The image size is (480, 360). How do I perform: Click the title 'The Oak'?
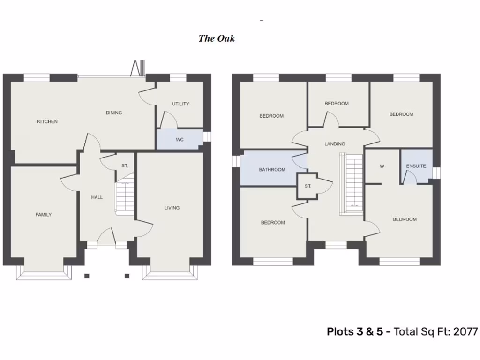[x=217, y=38]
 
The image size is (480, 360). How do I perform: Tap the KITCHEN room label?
[x=47, y=121]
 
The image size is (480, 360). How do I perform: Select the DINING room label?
[x=114, y=112]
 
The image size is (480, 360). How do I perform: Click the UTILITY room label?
[x=180, y=104]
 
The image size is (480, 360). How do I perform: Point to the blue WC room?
[x=180, y=140]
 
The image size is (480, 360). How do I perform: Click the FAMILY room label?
[x=44, y=215]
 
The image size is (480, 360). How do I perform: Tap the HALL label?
[x=97, y=197]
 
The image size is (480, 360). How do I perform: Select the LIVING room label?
[x=172, y=208]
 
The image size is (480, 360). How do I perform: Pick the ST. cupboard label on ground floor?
[x=125, y=166]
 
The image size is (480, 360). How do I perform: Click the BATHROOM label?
[x=272, y=169]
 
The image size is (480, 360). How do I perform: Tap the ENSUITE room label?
[x=416, y=166]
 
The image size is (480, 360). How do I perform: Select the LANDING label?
[x=335, y=144]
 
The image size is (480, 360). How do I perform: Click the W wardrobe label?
[x=382, y=166]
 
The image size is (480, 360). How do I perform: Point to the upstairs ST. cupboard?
[x=307, y=186]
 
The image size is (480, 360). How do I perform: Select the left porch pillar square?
[x=87, y=276]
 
